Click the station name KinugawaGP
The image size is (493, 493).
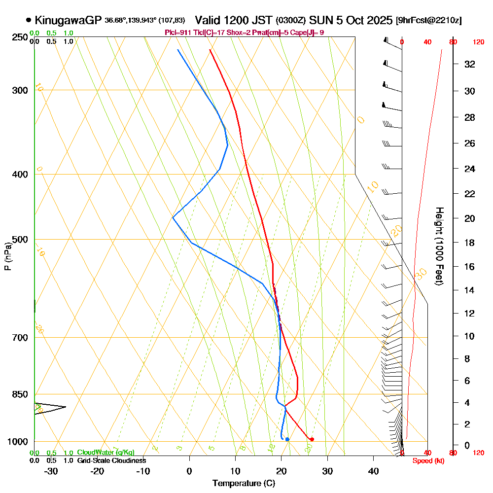pyautogui.click(x=69, y=20)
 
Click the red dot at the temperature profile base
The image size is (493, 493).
pyautogui.click(x=312, y=439)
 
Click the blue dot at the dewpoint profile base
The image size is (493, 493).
pyautogui.click(x=287, y=439)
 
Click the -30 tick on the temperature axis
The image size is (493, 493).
pyautogui.click(x=51, y=471)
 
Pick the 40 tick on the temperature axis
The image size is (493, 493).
pyautogui.click(x=374, y=471)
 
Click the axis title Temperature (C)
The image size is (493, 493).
pyautogui.click(x=244, y=484)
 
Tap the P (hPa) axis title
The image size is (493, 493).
pyautogui.click(x=7, y=256)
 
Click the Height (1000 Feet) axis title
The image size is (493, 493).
pyautogui.click(x=438, y=246)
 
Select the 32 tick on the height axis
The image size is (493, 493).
pyautogui.click(x=470, y=64)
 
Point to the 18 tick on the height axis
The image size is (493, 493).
pyautogui.click(x=470, y=243)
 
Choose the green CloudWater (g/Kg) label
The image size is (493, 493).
pyautogui.click(x=106, y=453)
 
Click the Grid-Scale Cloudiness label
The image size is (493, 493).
pyautogui.click(x=111, y=460)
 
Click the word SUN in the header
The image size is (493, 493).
pyautogui.click(x=319, y=20)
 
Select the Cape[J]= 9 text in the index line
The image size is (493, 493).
pyautogui.click(x=311, y=33)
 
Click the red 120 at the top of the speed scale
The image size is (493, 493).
pyautogui.click(x=478, y=42)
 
